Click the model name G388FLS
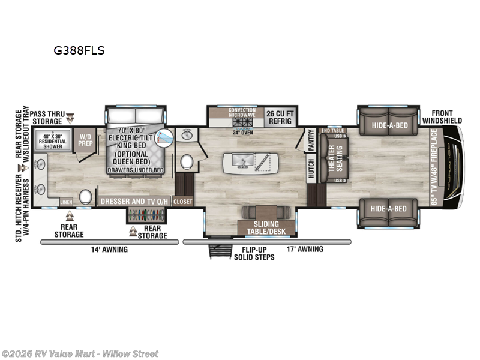(79, 51)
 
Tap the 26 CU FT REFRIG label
(279, 116)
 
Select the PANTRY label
(311, 139)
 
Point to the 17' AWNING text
(304, 249)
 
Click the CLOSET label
(183, 202)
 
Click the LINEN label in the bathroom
(67, 202)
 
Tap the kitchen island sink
(239, 161)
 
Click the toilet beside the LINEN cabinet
(86, 196)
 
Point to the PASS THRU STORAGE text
(47, 117)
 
